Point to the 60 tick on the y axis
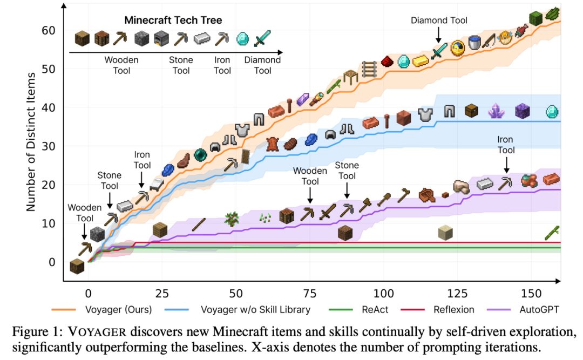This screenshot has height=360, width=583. click(49, 30)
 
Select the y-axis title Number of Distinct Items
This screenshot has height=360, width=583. click(31, 141)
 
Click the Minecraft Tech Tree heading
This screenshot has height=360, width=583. click(173, 21)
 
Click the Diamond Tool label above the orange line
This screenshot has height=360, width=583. click(439, 21)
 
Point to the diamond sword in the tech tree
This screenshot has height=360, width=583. click(262, 38)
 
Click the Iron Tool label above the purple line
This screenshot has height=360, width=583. click(506, 145)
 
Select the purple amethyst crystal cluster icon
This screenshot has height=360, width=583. click(496, 111)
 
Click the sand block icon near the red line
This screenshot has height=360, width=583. click(445, 233)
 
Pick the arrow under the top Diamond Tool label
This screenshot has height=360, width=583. click(439, 35)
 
